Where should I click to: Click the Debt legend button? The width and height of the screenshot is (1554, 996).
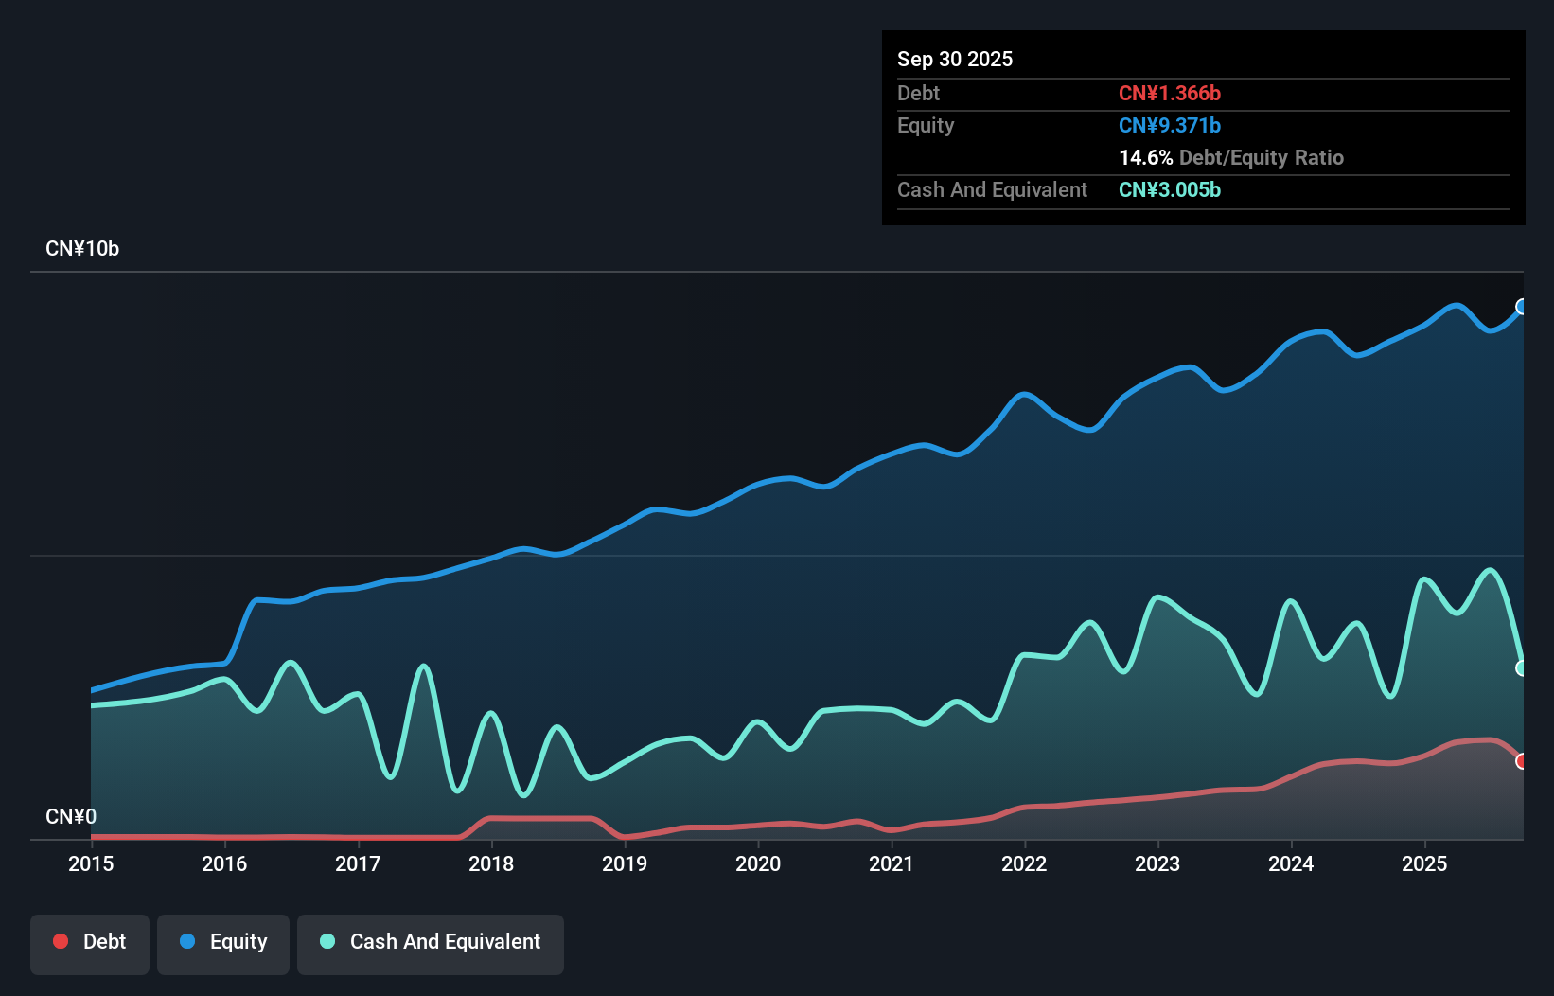click(x=89, y=942)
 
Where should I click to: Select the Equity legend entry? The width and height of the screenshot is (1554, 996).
click(x=223, y=942)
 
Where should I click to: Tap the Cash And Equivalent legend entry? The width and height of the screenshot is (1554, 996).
click(x=431, y=942)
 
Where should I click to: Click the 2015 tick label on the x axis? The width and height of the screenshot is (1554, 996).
click(x=91, y=863)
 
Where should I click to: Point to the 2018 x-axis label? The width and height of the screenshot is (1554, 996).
click(x=491, y=863)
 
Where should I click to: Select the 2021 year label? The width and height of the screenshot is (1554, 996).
click(x=892, y=863)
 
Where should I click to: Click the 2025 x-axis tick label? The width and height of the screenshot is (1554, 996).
click(x=1424, y=863)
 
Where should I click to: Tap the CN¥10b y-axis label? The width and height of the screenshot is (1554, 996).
click(x=82, y=249)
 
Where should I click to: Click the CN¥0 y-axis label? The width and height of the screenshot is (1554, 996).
click(x=71, y=816)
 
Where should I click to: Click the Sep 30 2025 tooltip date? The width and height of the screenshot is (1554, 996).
click(x=954, y=59)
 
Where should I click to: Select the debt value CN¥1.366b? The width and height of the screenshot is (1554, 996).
click(x=1169, y=93)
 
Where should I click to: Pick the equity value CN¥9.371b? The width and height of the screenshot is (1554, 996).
click(x=1169, y=125)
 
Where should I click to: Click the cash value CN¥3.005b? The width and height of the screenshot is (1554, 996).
click(x=1169, y=189)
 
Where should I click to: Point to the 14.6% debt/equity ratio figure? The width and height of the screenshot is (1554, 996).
click(x=1145, y=157)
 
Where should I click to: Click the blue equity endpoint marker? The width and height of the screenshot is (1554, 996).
click(x=1522, y=307)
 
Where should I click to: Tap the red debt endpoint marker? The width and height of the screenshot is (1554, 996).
click(x=1522, y=761)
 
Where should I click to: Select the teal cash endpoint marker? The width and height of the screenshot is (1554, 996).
click(x=1522, y=668)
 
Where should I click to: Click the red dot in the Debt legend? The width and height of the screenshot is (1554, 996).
click(x=61, y=941)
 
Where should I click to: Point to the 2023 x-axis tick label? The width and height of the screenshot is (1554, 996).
click(x=1157, y=863)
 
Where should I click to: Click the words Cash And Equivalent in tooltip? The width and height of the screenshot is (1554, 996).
click(x=992, y=189)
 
